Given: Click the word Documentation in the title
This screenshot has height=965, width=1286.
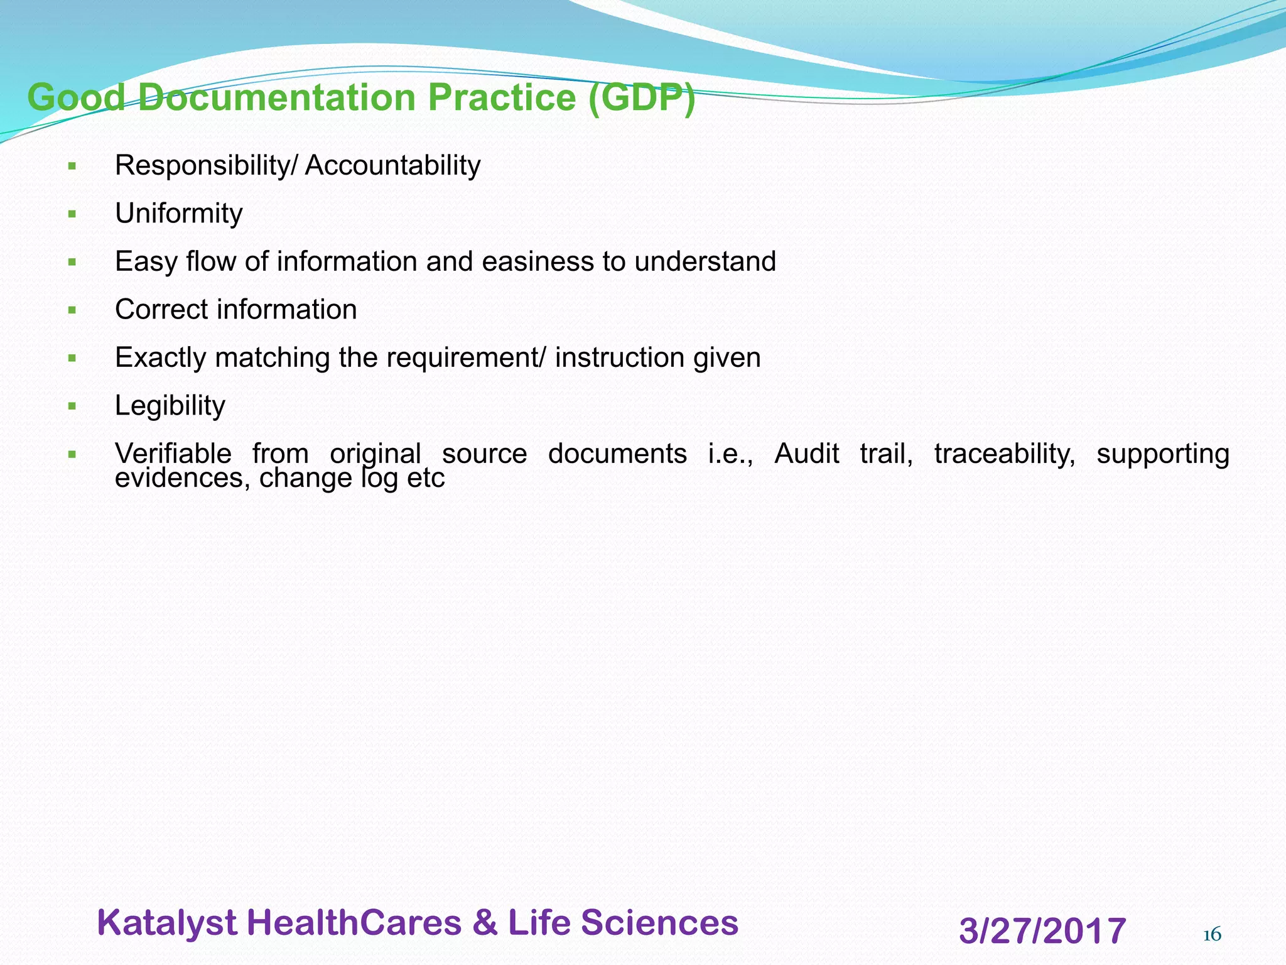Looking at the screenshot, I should pos(277,98).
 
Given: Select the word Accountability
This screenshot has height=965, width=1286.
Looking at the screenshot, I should pos(392,166).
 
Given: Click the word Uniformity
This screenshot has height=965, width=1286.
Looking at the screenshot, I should pos(178,214).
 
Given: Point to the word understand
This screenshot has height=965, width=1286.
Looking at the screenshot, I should pos(705,261).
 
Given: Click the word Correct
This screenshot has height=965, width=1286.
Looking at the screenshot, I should pos(161,310).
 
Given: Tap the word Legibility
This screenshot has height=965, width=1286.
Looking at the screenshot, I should pos(170,406).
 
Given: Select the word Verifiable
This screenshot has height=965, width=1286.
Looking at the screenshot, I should pos(173,454).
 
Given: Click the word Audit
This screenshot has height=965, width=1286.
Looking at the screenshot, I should pos(806,454).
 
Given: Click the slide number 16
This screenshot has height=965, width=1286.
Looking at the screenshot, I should pos(1211,935).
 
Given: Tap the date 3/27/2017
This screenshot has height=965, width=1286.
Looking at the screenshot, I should pos(1042,931).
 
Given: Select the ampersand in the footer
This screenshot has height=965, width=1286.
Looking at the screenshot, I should pos(484,923).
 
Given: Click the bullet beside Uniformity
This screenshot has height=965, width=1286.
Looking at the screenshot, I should pos(72,214).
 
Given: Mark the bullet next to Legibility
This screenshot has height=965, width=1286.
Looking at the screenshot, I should pos(72,406).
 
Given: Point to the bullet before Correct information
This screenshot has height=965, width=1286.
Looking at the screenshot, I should pos(72,310).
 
